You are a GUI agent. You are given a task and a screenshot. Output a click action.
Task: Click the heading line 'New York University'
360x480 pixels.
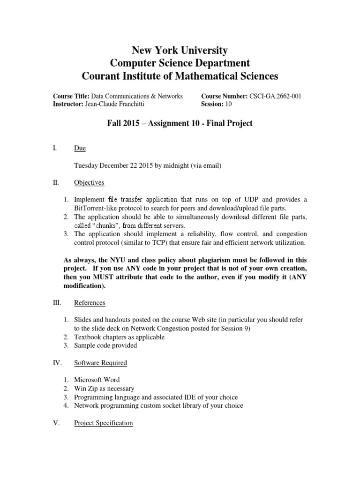coord(180,50)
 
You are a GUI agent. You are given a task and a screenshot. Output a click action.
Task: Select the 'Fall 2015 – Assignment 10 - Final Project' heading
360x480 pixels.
coord(180,124)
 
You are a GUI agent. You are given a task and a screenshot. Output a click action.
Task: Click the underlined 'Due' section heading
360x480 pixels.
coord(80,149)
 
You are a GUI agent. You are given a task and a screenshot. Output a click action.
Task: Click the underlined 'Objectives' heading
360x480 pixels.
coord(89,182)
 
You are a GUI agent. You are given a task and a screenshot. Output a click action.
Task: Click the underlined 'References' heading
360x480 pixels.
coord(90,303)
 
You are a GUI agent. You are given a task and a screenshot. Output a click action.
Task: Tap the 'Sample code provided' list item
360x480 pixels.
coord(105,345)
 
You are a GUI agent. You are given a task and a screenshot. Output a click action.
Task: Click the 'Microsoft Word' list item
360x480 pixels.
coord(97,380)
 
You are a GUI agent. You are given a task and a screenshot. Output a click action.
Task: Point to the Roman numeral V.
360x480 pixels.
coord(55,423)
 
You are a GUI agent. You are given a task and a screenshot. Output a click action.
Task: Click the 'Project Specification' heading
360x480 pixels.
coord(104,423)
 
